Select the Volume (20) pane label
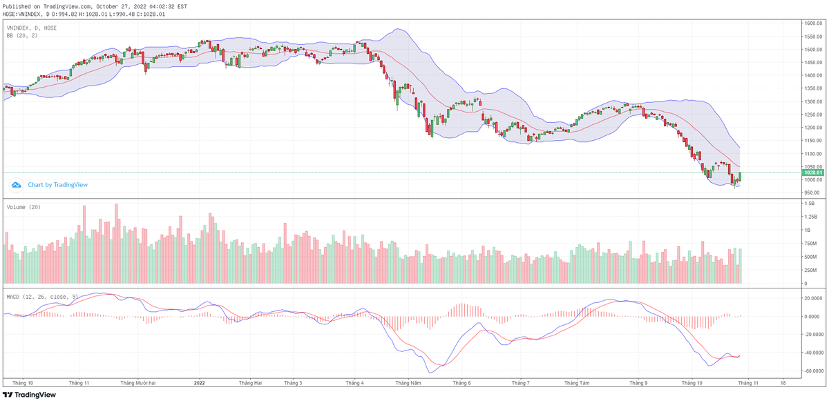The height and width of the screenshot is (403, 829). pos(23,207)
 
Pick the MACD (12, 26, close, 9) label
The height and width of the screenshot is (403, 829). pos(39,296)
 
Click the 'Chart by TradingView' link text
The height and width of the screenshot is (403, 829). pos(57,185)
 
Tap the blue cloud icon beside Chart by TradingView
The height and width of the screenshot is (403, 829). pos(16,185)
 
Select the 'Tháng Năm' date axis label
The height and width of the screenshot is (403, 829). pos(408,382)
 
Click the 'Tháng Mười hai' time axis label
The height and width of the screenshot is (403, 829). pos(138,382)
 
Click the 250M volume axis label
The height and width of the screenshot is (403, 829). pos(810,270)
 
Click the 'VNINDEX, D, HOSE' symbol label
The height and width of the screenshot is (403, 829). pos(32,28)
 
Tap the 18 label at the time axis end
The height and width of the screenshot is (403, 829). pos(783,382)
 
